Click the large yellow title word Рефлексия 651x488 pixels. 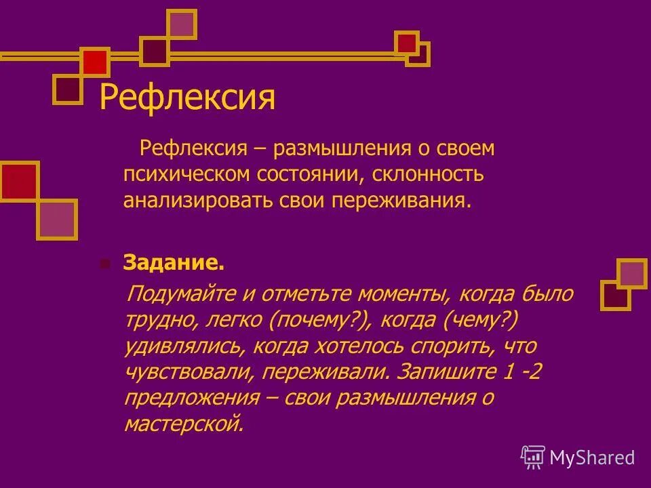tap(187, 99)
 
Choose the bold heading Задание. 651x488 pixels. tap(173, 262)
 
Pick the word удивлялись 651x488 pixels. tap(183, 346)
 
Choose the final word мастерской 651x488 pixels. tap(183, 424)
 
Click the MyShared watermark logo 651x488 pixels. tap(578, 457)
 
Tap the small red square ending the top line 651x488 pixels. tap(407, 43)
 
